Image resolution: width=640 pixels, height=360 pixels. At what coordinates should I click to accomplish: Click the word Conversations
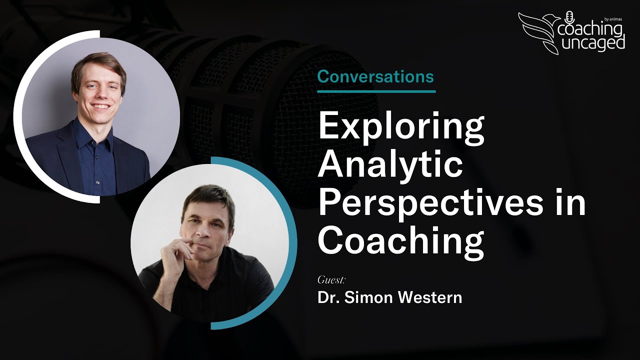[375, 77]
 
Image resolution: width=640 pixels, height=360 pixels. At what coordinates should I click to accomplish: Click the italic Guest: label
[331, 279]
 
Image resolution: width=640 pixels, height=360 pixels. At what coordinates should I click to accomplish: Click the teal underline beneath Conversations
[376, 91]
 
